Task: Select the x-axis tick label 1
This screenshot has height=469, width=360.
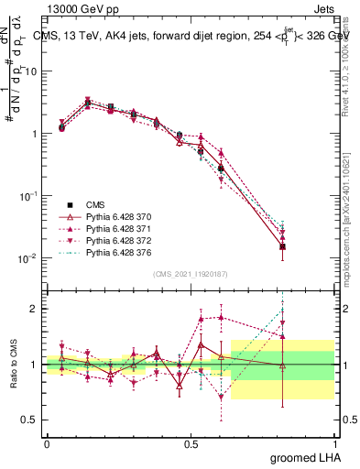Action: pos(334,442)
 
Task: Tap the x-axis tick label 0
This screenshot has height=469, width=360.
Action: pos(46,442)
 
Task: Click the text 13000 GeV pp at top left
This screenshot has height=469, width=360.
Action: pos(78,10)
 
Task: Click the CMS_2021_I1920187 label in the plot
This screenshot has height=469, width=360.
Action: pos(190,274)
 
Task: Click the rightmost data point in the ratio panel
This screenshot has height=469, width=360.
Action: pos(283,365)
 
